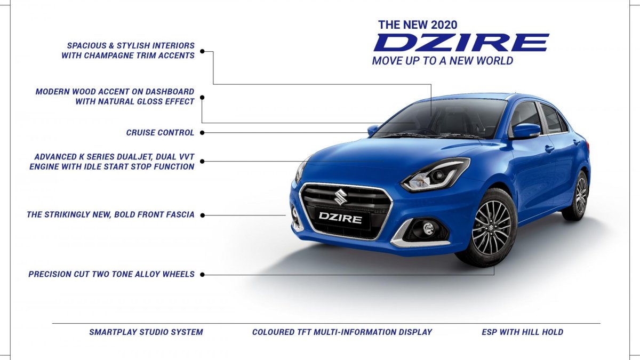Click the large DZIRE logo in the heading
click(x=461, y=43)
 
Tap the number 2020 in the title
click(x=444, y=25)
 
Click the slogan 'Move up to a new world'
click(x=443, y=61)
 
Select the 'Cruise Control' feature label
click(x=160, y=133)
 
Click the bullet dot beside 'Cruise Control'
click(x=202, y=133)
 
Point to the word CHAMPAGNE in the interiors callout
click(x=109, y=55)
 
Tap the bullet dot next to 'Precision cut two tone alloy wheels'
click(x=202, y=275)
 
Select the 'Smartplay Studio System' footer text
click(x=146, y=332)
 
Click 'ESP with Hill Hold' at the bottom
click(x=522, y=332)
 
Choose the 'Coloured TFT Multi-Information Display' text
click(x=342, y=332)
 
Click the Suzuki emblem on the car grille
click(x=341, y=197)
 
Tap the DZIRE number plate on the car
click(x=340, y=218)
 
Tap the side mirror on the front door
click(x=526, y=131)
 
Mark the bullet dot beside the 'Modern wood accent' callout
click(x=202, y=98)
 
